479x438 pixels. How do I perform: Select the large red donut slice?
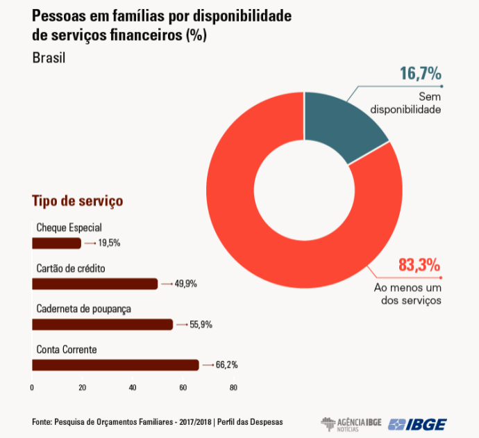pos(278,243)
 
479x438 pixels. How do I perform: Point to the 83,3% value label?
pos(419,265)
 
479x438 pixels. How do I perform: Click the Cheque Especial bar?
pos(56,243)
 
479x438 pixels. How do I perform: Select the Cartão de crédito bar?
pos(95,284)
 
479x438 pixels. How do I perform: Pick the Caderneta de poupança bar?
pos(102,324)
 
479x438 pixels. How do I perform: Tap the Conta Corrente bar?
pos(115,365)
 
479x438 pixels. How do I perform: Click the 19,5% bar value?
pos(109,243)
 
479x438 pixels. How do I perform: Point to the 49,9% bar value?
pos(185,284)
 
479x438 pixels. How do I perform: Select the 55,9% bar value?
pos(201,324)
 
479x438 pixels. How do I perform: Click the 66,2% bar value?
pos(226,365)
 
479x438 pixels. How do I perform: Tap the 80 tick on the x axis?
pos(233,387)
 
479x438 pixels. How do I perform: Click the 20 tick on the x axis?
pos(83,387)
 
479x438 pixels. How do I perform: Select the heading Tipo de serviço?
pos(77,201)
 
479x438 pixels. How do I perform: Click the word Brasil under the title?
pos(49,58)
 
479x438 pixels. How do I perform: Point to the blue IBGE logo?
pos(418,423)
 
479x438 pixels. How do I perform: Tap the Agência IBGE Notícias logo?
pos(351,423)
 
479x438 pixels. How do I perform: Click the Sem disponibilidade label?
pos(406,103)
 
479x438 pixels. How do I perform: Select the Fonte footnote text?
pos(158,422)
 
